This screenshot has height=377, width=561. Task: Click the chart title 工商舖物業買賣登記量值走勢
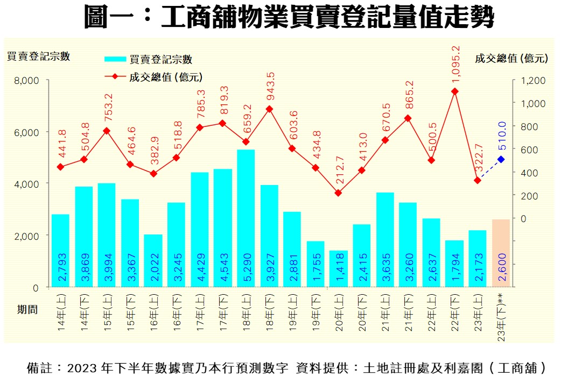point(289,17)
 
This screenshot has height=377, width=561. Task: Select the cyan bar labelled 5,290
point(246,218)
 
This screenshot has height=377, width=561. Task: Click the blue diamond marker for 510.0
point(501,159)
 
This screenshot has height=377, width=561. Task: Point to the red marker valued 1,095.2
point(454,91)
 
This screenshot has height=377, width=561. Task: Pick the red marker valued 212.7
point(338,193)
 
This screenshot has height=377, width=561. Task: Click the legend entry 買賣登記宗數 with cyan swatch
point(149,60)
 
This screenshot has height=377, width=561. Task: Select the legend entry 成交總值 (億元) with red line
point(154,76)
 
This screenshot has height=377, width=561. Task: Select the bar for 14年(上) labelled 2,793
point(60,250)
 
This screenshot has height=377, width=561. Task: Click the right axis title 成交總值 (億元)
point(511,59)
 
